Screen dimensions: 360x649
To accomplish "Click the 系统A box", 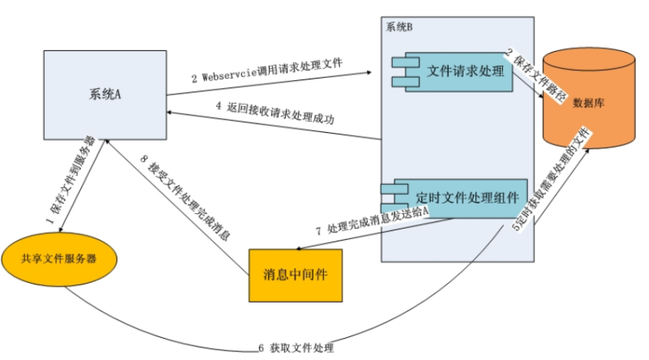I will tap(104, 94).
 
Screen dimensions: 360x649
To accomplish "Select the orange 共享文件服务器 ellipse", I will tap(59, 259).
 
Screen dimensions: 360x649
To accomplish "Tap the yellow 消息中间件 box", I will tap(296, 275).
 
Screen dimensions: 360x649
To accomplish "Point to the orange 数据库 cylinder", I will tap(588, 103).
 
